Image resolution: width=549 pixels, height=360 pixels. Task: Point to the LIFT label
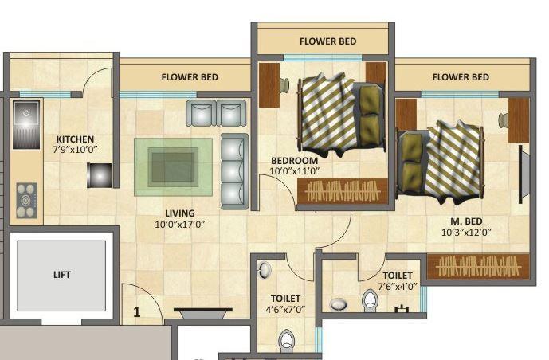click(62, 275)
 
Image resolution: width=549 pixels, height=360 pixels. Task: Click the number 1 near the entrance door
click(136, 312)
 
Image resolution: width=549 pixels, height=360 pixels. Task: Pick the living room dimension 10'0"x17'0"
click(179, 225)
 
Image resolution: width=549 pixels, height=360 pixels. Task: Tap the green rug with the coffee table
click(173, 167)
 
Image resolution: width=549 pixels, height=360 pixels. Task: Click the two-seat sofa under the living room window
click(215, 112)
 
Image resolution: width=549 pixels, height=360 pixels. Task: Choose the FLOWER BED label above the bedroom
click(327, 41)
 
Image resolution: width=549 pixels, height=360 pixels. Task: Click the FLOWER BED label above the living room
click(190, 77)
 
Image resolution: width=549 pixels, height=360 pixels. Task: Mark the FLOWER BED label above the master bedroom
click(461, 77)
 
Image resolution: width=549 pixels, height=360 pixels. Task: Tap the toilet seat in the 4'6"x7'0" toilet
click(286, 342)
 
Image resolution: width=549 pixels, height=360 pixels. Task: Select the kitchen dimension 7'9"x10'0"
click(75, 149)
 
